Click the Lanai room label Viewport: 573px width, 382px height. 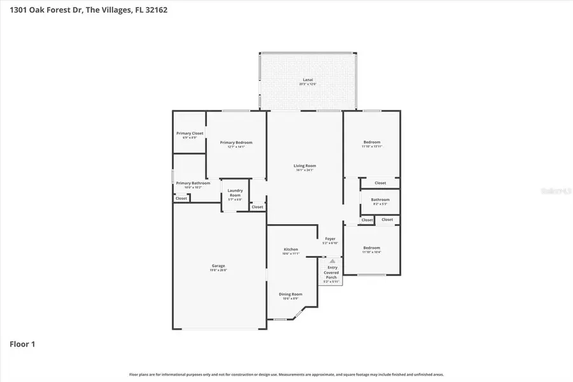[x=308, y=81]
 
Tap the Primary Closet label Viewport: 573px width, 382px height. [x=190, y=134]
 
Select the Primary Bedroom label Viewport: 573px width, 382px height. [x=236, y=143]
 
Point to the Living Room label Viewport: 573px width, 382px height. [x=305, y=167]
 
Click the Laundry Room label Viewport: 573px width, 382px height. [x=235, y=194]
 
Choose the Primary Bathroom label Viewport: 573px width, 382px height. [x=188, y=184]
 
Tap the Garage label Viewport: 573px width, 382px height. [x=218, y=267]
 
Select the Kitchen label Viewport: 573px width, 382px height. [x=291, y=250]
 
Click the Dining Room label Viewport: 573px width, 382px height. [x=290, y=295]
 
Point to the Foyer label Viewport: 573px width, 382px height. [x=330, y=240]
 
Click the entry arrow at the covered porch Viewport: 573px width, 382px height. [x=332, y=261]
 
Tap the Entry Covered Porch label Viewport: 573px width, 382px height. [x=332, y=272]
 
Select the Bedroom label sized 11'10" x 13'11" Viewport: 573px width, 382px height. [x=372, y=143]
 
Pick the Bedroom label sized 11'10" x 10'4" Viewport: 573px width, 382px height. [x=372, y=249]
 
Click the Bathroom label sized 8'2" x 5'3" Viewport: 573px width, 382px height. [x=380, y=201]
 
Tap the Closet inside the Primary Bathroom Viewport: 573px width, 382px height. [x=181, y=198]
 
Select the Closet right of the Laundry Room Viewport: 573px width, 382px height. [x=257, y=207]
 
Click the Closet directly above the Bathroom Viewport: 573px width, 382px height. [x=380, y=183]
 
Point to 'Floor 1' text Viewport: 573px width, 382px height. [x=22, y=344]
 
